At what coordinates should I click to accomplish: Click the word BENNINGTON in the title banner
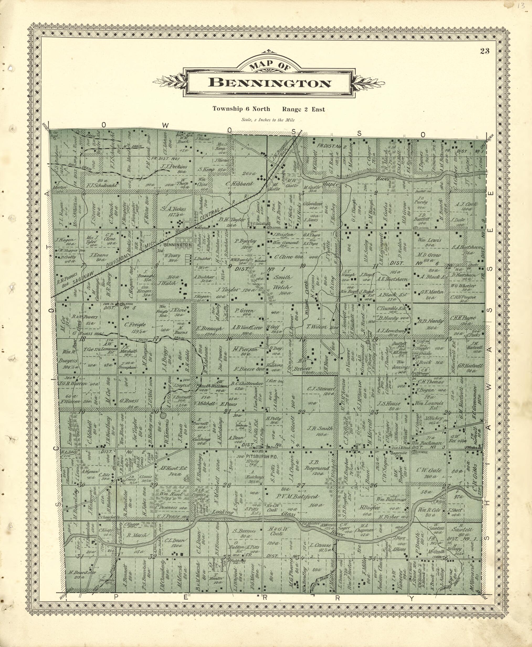[270, 83]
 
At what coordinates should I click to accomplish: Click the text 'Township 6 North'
[241, 109]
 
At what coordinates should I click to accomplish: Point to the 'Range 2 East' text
[303, 109]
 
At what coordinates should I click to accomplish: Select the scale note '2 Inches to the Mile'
[270, 120]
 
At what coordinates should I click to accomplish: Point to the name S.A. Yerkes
[173, 209]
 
